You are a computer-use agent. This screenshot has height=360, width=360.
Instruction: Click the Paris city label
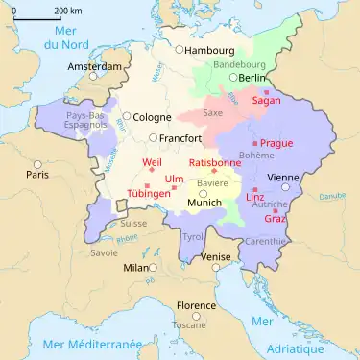pos(37,176)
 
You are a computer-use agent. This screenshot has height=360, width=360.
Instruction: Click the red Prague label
pos(276,143)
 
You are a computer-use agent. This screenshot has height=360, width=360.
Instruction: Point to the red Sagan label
pos(266,101)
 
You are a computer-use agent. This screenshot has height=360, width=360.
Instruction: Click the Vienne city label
pos(285,178)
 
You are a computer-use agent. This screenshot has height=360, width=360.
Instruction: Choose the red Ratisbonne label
pos(213,163)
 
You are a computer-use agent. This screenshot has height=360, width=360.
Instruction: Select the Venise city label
pos(217,257)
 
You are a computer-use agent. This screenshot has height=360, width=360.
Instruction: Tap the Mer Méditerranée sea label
pos(71,344)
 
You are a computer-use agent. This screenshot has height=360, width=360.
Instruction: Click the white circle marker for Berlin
pos(232,78)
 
